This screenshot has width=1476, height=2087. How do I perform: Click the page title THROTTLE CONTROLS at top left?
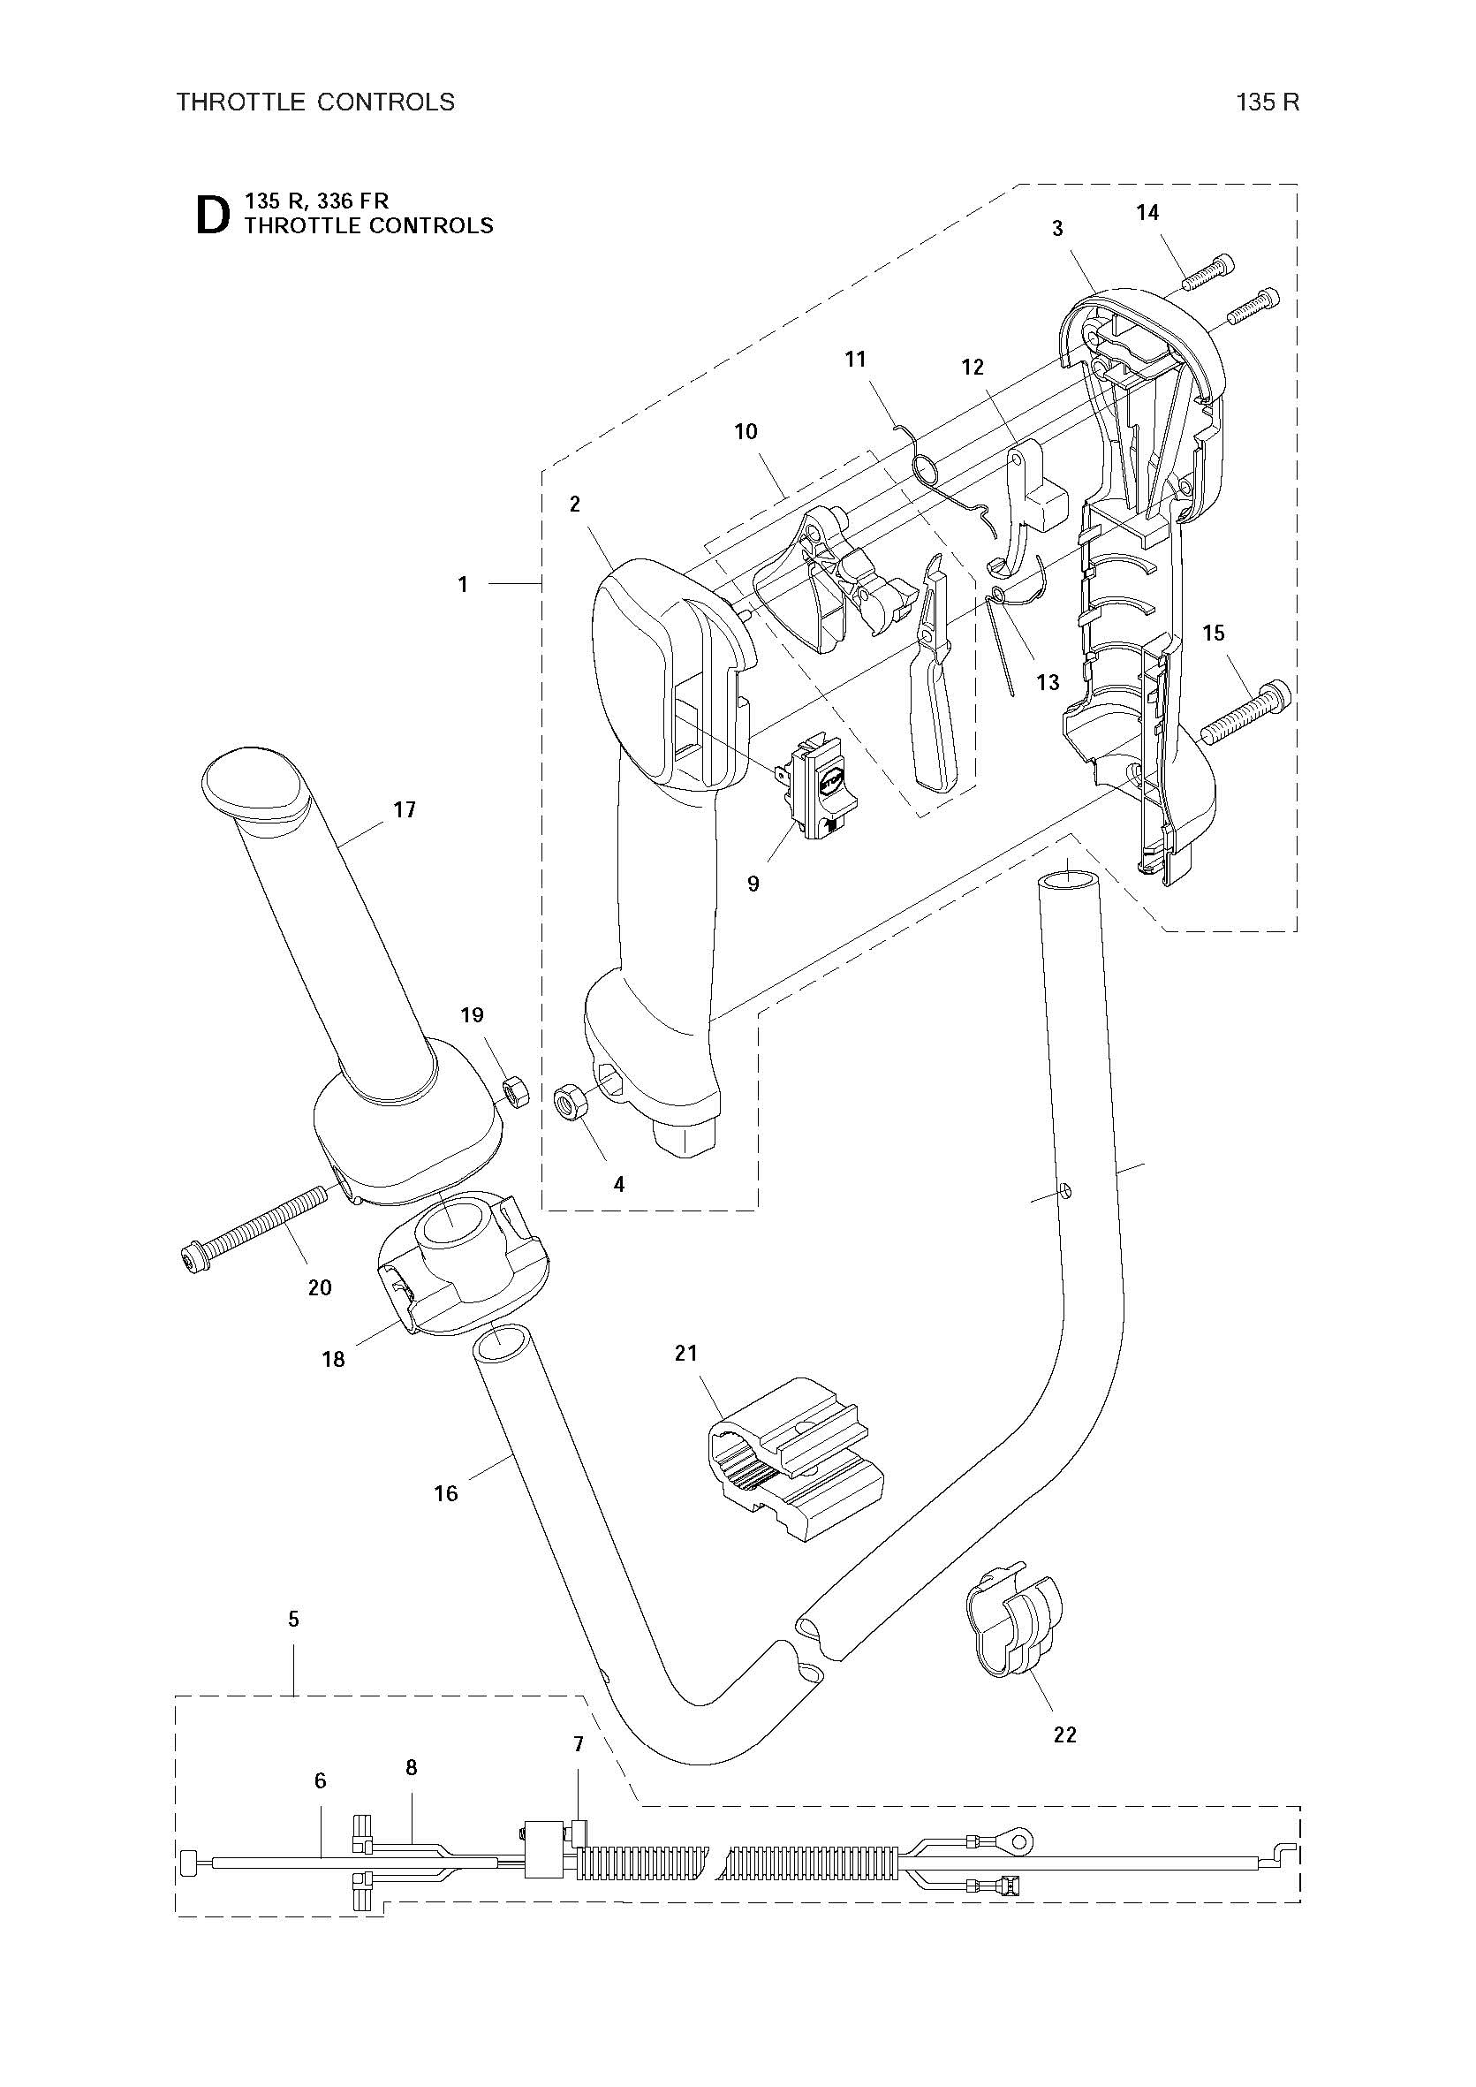(x=315, y=102)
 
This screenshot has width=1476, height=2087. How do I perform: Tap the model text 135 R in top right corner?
(x=1268, y=102)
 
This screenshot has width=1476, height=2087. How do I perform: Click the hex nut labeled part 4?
(x=572, y=1103)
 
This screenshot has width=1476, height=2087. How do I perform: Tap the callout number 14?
(x=1147, y=213)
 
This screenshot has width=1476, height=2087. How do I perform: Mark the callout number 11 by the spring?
(x=855, y=359)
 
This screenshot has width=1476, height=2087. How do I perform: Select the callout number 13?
(x=1048, y=682)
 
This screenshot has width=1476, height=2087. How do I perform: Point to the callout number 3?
(x=1057, y=228)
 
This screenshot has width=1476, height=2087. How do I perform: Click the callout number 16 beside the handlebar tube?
(x=445, y=1493)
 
